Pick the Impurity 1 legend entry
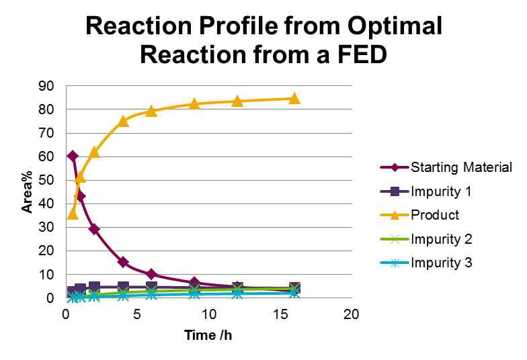pyautogui.click(x=440, y=191)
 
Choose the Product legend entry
pyautogui.click(x=435, y=215)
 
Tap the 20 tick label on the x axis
pyautogui.click(x=350, y=315)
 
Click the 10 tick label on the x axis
pyautogui.click(x=208, y=315)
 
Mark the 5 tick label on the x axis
pyautogui.click(x=137, y=315)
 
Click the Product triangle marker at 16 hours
pyautogui.click(x=294, y=98)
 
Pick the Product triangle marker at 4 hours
pyautogui.click(x=123, y=121)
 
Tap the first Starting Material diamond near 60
pyautogui.click(x=73, y=156)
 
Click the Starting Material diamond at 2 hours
pyautogui.click(x=94, y=229)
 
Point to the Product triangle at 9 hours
pyautogui.click(x=194, y=103)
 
